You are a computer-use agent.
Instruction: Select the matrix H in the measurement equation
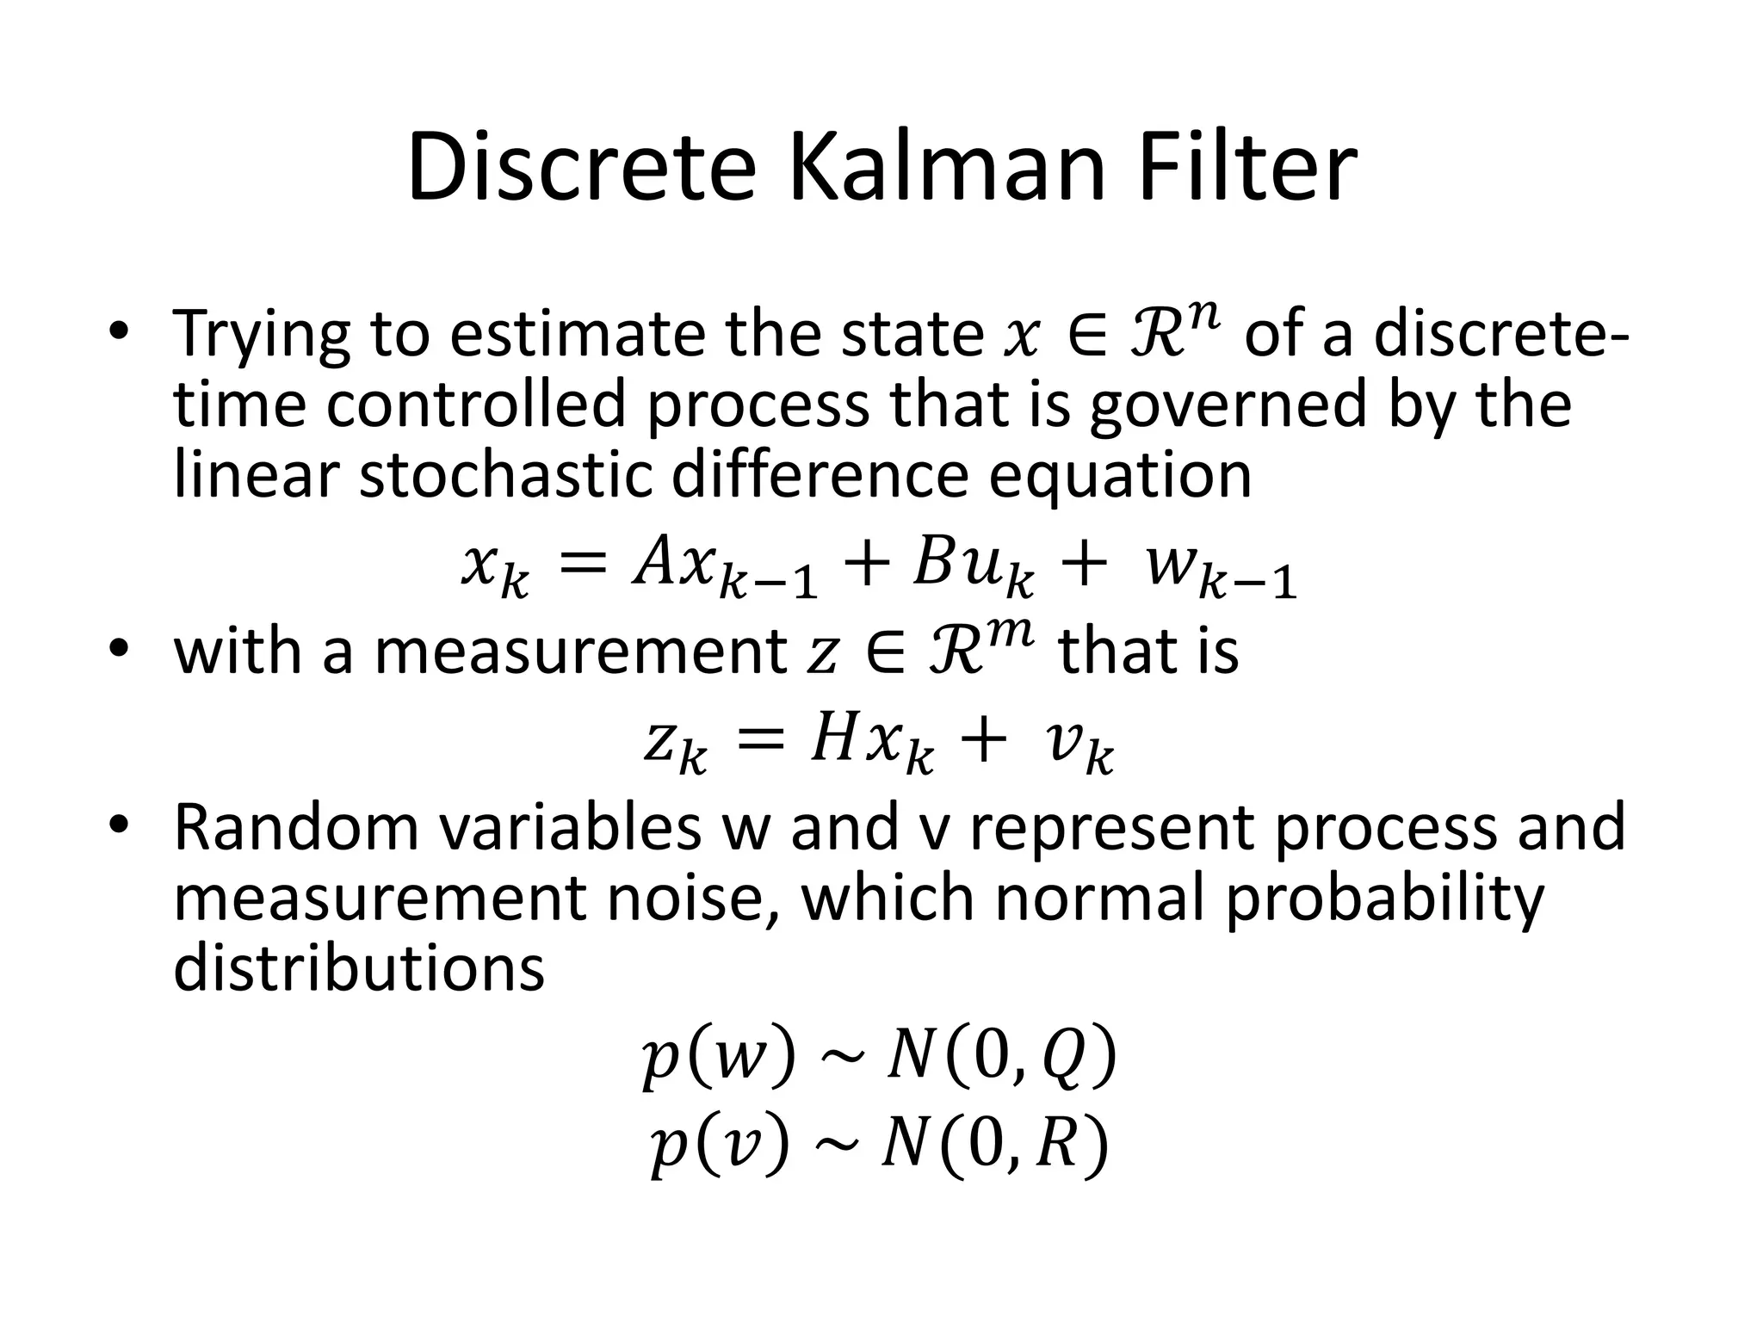[x=832, y=742]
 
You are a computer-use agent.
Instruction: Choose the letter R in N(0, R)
[x=1057, y=1148]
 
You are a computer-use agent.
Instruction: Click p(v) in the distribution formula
[x=719, y=1148]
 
